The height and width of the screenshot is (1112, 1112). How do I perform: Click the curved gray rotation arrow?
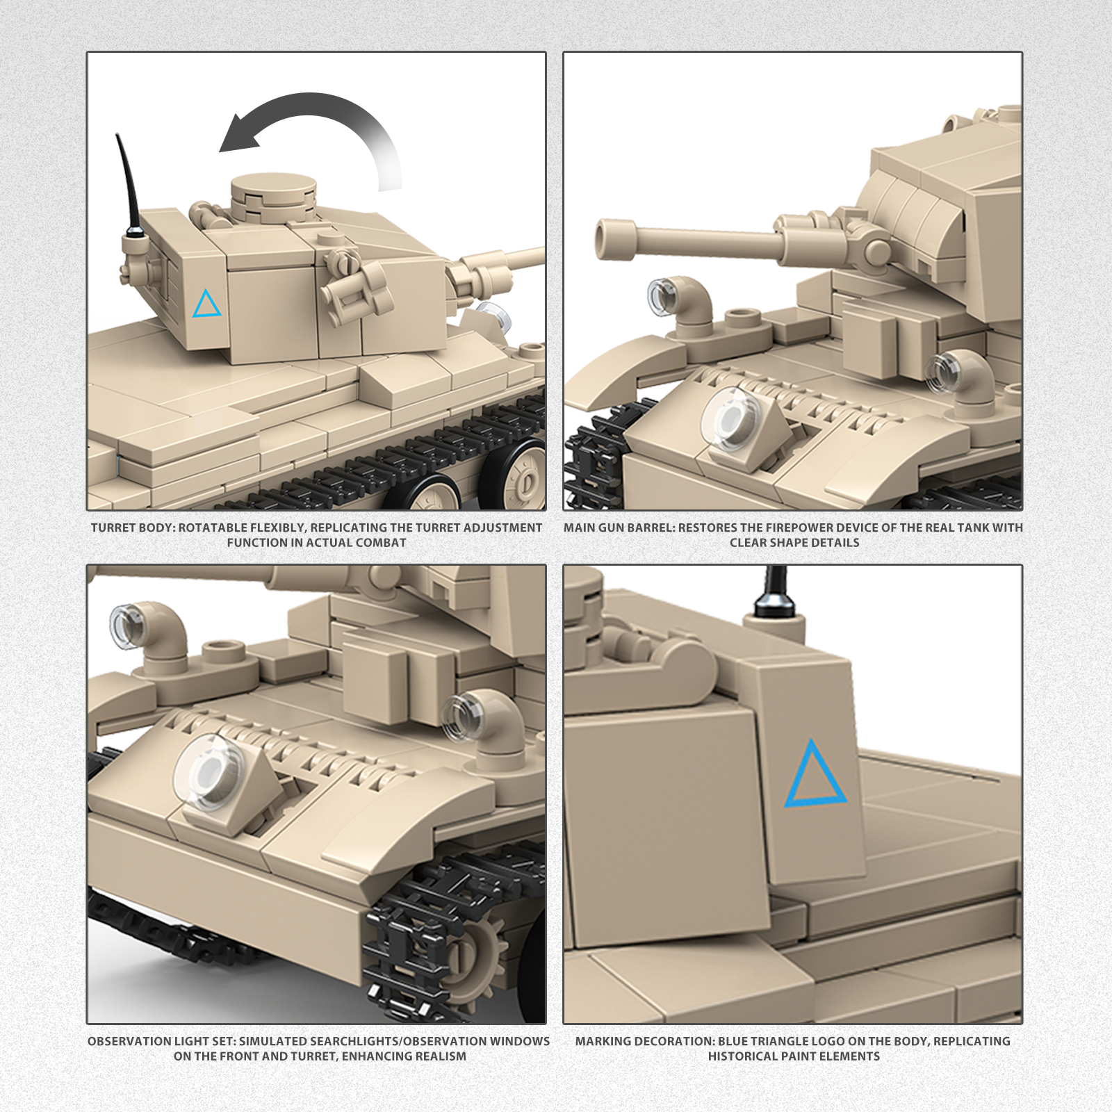327,104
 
